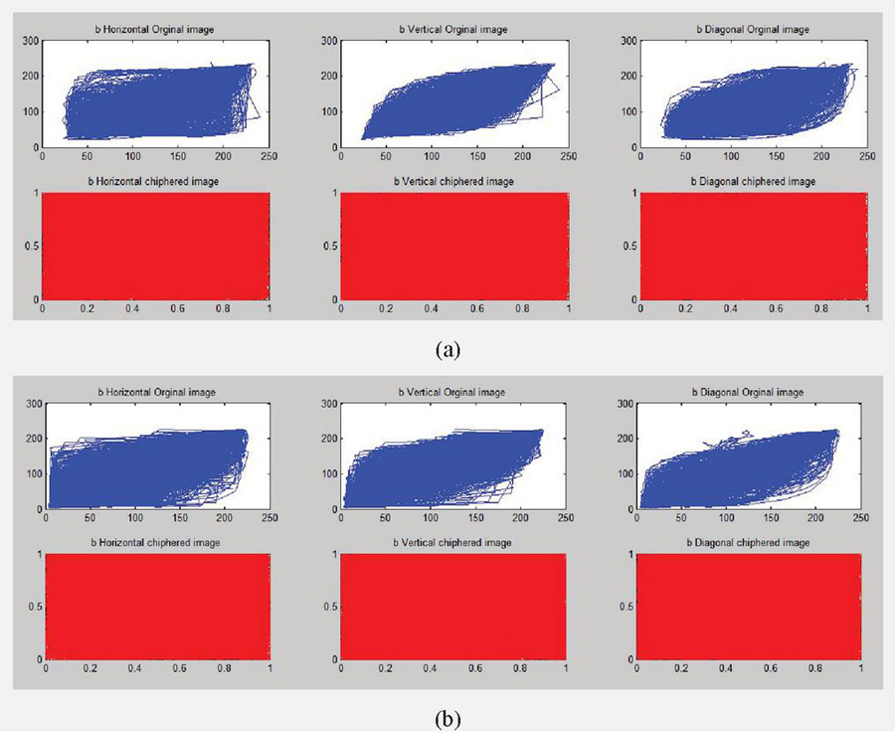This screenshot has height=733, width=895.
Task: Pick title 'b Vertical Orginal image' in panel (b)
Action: (454, 393)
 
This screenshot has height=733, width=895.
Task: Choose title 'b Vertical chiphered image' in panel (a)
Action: (454, 181)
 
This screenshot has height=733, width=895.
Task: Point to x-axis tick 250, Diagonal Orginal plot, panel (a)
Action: (867, 157)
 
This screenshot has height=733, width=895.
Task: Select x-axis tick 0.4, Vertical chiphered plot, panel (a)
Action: (431, 308)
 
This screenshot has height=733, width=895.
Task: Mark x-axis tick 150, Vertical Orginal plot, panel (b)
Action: (475, 519)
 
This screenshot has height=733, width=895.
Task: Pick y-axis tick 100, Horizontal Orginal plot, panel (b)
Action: (31, 473)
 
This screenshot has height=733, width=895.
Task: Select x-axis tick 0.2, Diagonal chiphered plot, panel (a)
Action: (684, 308)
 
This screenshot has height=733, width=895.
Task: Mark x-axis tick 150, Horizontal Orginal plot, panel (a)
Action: (177, 157)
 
